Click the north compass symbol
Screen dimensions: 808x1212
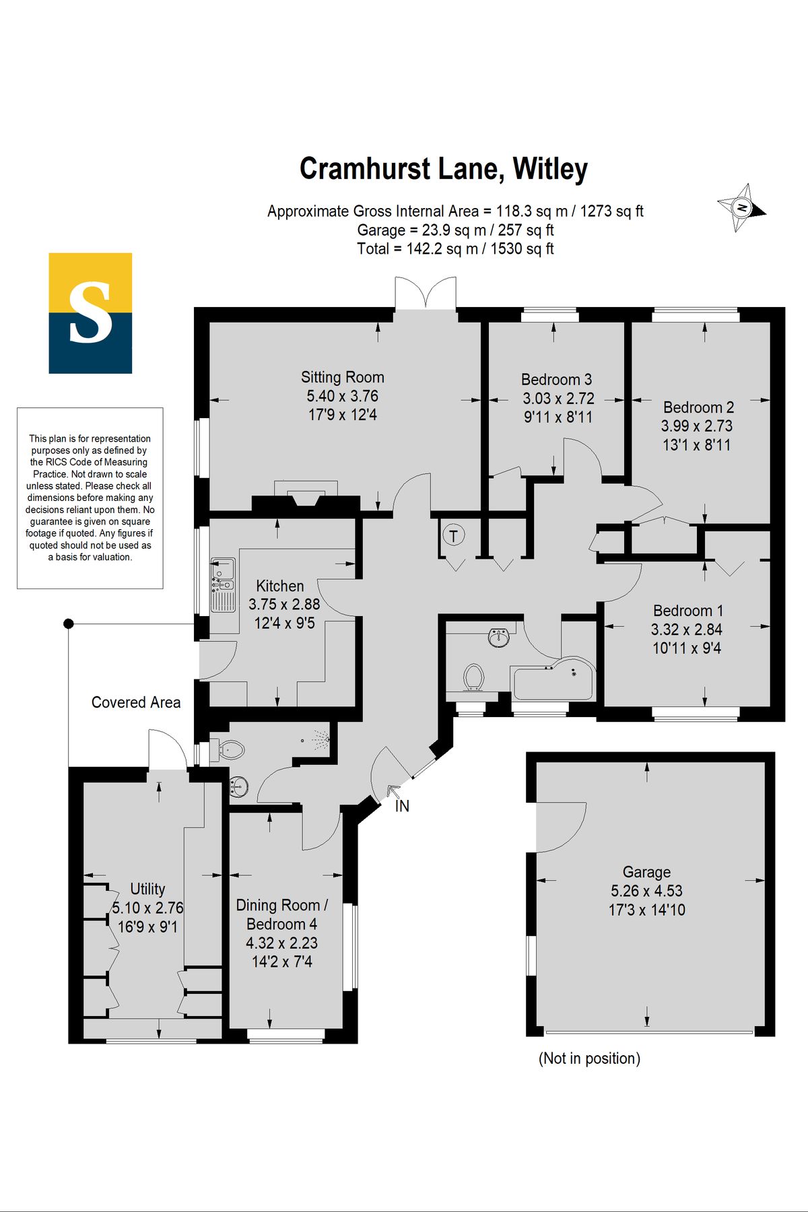click(741, 207)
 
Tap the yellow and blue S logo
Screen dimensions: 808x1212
click(90, 313)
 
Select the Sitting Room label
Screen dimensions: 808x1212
click(342, 377)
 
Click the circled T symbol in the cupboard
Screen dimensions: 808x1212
click(454, 536)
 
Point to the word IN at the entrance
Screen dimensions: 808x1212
click(402, 806)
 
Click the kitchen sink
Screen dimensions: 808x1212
click(223, 584)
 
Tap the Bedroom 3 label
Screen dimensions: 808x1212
click(556, 380)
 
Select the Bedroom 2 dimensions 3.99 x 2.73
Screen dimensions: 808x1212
click(697, 426)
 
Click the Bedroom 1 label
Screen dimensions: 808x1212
click(688, 611)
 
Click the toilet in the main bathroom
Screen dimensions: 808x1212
click(474, 677)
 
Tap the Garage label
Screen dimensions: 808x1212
click(646, 873)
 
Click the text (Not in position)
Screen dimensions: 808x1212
click(589, 1058)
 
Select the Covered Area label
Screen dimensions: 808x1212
click(136, 702)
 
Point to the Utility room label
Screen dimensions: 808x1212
click(147, 889)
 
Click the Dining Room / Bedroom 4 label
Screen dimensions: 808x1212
click(282, 914)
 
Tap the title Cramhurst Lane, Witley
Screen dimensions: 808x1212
click(444, 169)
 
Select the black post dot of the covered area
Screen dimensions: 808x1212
click(69, 624)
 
